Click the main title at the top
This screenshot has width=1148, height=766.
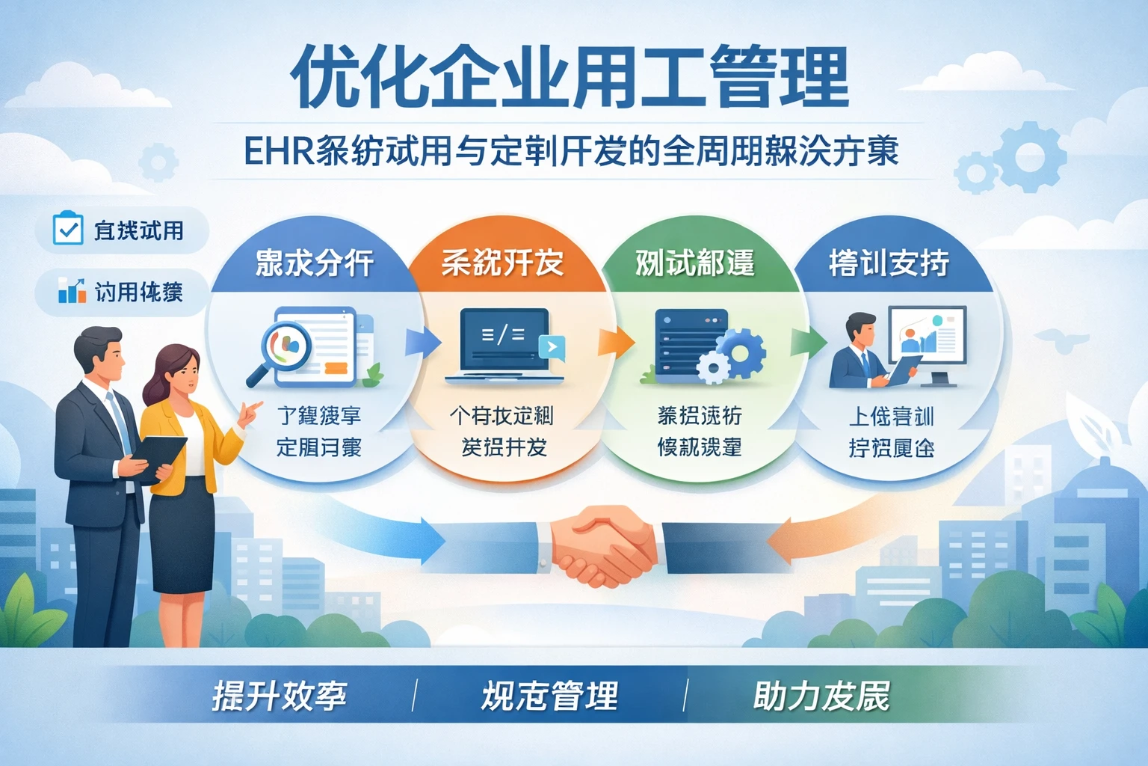coord(570,77)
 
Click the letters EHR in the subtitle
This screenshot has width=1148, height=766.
coord(277,152)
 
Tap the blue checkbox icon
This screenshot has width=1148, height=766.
coord(67,228)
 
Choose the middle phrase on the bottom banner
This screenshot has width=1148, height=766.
coord(549,696)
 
